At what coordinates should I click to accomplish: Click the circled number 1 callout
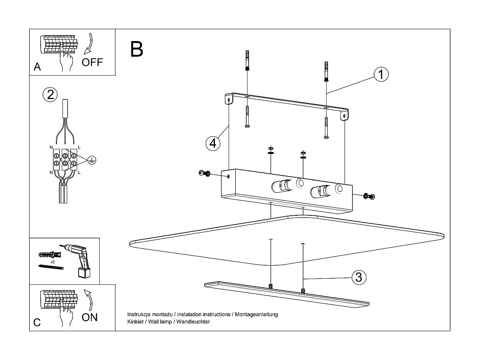[380, 74]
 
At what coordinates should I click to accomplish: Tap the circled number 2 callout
[50, 94]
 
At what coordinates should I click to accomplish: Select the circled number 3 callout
[358, 277]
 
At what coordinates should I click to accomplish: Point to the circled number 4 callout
[213, 143]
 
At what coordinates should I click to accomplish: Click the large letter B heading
[137, 49]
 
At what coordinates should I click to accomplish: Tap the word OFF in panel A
[92, 62]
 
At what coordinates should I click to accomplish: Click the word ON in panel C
[90, 317]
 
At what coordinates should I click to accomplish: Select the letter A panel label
[37, 67]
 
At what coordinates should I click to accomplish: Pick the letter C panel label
[37, 322]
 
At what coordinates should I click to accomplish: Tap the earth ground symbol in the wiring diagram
[91, 160]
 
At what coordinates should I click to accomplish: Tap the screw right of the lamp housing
[369, 196]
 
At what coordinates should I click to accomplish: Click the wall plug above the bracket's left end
[247, 61]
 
